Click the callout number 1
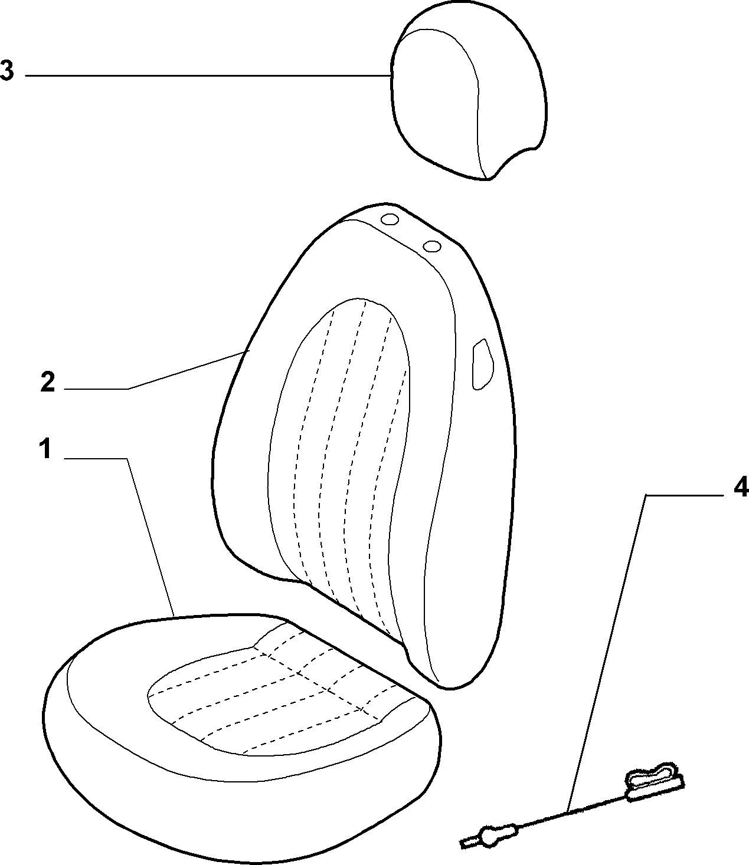pyautogui.click(x=45, y=449)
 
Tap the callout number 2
pyautogui.click(x=48, y=382)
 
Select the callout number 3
pyautogui.click(x=6, y=70)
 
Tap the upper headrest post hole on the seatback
pyautogui.click(x=390, y=219)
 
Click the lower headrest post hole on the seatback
pyautogui.click(x=432, y=246)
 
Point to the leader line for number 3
pyautogui.click(x=208, y=75)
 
